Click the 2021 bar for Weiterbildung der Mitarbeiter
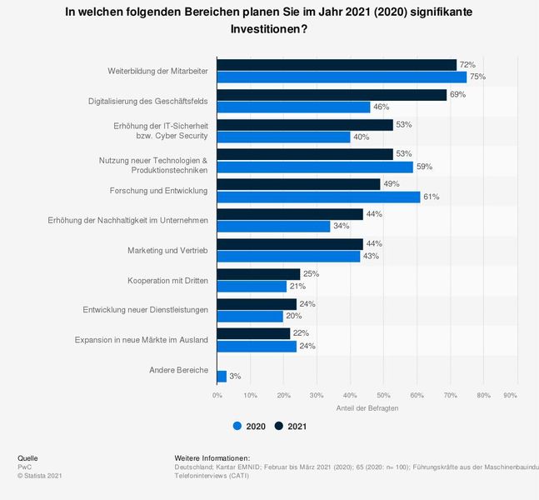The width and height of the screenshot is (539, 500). tap(337, 65)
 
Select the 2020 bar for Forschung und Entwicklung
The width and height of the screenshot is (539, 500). tap(318, 197)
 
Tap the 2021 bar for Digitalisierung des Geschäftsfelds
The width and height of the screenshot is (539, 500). tap(332, 95)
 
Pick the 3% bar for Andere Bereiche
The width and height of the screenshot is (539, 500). tap(222, 376)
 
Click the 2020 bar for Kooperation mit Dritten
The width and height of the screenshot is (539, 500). tap(252, 287)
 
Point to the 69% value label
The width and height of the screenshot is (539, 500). tap(457, 95)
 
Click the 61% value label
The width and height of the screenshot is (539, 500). tap(431, 197)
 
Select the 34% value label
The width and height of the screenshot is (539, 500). tap(341, 227)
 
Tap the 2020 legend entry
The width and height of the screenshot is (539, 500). tap(249, 427)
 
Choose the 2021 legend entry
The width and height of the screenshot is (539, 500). tap(291, 427)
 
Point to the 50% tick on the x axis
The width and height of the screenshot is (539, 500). tap(383, 394)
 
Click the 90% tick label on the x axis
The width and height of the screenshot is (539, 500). tap(511, 394)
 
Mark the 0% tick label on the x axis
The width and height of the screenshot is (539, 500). tap(217, 394)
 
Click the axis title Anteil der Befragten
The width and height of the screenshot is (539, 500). tap(367, 407)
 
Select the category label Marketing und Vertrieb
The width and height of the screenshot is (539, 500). tap(167, 250)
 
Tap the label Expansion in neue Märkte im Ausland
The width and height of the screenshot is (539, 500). tap(141, 340)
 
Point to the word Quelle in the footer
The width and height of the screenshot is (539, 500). tap(27, 458)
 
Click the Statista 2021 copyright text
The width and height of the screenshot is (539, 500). tap(39, 476)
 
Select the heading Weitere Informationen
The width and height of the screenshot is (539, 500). tap(212, 458)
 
